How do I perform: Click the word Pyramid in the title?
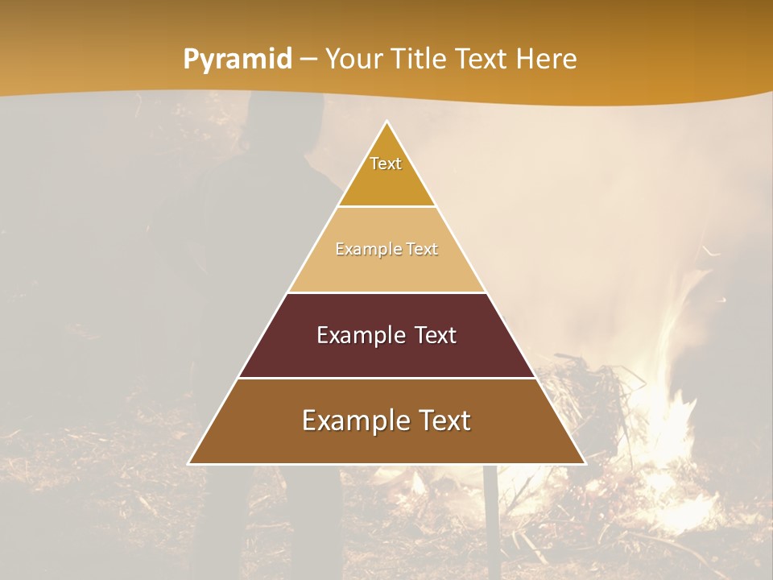(237, 60)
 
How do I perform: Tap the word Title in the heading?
(418, 59)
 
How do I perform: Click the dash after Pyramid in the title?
(308, 60)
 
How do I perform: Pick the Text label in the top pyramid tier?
(386, 164)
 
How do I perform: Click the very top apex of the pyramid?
(387, 122)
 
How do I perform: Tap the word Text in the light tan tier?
(422, 249)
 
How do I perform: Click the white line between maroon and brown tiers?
(386, 378)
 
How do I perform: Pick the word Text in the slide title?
(482, 59)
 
